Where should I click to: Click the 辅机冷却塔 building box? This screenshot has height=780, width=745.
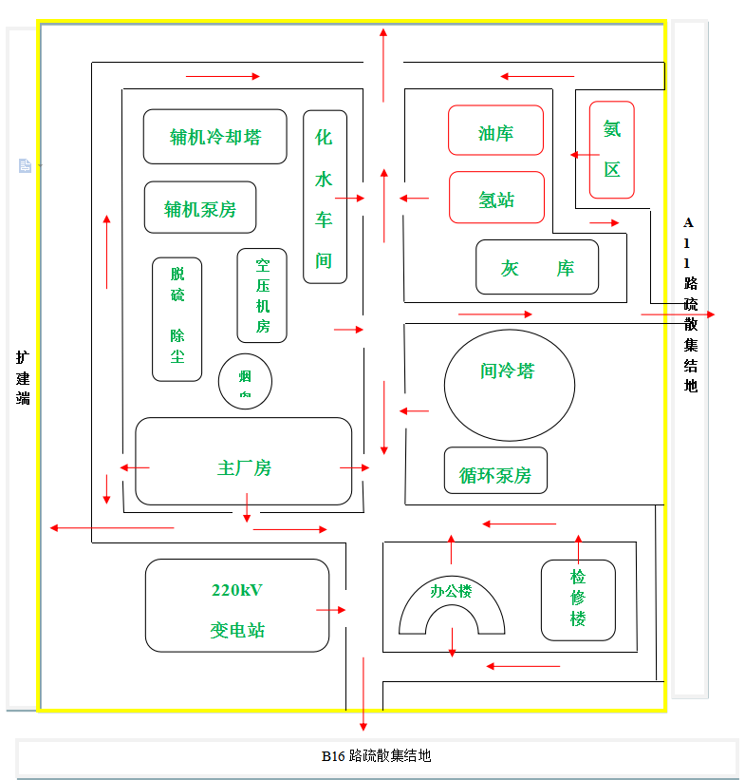tap(214, 137)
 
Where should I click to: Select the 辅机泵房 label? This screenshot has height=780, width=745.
tap(200, 209)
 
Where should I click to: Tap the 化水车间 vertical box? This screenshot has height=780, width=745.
tap(325, 197)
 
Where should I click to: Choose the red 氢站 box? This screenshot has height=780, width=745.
tap(496, 198)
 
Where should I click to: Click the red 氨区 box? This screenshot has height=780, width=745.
tap(611, 149)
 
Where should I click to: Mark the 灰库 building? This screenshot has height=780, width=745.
tap(537, 267)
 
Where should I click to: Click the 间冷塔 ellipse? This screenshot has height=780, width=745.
tap(509, 384)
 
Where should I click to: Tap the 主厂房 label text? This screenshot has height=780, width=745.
tap(244, 468)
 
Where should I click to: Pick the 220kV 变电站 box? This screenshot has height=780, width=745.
tap(237, 605)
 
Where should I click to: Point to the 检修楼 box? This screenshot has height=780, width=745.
tap(578, 599)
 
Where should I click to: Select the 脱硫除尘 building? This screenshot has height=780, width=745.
tap(177, 319)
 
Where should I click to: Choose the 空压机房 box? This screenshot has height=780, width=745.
tap(262, 295)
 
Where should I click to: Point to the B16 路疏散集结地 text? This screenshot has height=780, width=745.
tap(376, 756)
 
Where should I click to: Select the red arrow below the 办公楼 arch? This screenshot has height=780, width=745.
tap(452, 641)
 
